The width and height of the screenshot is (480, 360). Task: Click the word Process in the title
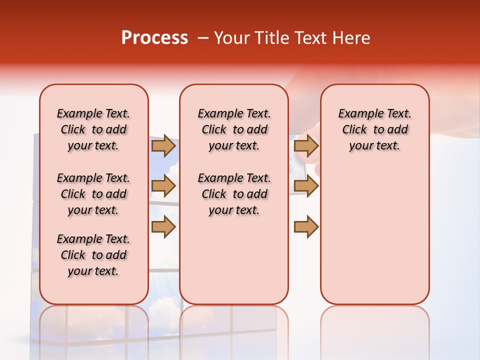(154, 38)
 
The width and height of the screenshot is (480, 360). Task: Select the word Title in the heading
(270, 38)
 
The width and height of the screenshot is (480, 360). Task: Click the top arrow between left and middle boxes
(163, 145)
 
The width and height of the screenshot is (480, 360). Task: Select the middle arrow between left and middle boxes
(163, 186)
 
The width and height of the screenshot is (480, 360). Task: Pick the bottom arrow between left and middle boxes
(163, 226)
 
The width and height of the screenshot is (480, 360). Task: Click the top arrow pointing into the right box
(306, 145)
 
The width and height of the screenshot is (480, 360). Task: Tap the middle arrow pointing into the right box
(306, 186)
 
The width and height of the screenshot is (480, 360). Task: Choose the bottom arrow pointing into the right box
(306, 226)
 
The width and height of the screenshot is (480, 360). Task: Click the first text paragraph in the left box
(93, 129)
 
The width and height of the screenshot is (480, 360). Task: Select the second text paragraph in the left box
(93, 194)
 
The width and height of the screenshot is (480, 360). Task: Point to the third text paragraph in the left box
(93, 255)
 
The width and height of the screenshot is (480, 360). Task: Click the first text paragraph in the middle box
(234, 129)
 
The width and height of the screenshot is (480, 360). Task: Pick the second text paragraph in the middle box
(234, 194)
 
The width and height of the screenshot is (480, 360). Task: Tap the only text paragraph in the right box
(374, 129)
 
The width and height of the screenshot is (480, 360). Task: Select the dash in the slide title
(203, 38)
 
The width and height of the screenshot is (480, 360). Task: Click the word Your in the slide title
(232, 38)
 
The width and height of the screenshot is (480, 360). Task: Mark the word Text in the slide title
(310, 38)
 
